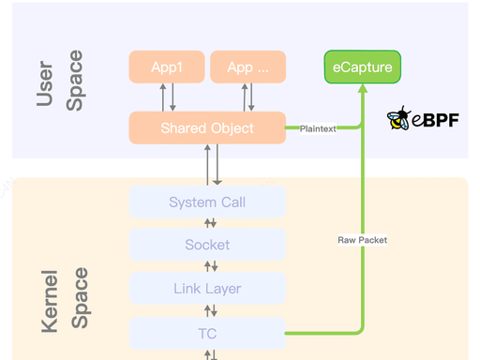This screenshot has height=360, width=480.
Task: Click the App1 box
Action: point(167,67)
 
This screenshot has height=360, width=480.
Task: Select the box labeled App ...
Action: point(248,67)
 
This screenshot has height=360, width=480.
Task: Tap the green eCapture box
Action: point(363,67)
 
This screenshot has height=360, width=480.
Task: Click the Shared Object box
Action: point(207,127)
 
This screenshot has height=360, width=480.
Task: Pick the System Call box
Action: point(207,202)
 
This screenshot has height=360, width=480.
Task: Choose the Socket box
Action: point(207,245)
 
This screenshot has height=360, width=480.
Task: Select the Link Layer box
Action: point(207,289)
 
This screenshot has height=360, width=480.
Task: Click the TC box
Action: point(207,334)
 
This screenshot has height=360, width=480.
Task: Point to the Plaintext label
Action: point(318,128)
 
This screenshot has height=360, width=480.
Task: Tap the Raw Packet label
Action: point(363,240)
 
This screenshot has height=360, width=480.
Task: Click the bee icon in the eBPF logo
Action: point(398,118)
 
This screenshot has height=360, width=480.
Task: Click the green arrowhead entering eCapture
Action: point(363,88)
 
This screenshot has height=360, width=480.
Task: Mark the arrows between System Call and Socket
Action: point(210,223)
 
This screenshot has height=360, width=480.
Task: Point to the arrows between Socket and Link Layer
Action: point(211,266)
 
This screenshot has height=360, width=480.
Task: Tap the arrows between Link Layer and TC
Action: point(211,311)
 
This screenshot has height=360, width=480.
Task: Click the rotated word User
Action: point(45,83)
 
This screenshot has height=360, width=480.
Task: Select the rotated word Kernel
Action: point(50,301)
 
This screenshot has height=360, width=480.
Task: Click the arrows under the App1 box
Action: point(168,97)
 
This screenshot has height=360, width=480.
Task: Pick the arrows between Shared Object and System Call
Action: point(213,165)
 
